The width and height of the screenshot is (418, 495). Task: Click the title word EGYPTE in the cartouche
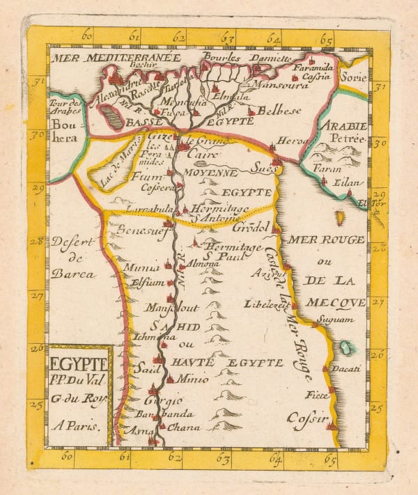(x=79, y=363)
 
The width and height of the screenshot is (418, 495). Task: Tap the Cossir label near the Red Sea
(x=306, y=419)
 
